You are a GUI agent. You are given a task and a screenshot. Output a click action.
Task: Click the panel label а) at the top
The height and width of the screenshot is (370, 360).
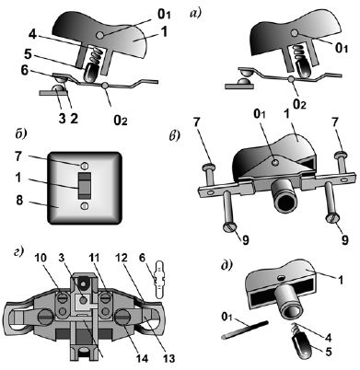195,14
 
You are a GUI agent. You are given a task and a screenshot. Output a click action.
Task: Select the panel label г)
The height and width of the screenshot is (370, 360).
19,252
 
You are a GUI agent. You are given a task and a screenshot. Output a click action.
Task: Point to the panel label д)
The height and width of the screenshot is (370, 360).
226,265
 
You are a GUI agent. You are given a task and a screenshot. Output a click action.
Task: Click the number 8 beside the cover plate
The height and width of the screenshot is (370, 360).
19,201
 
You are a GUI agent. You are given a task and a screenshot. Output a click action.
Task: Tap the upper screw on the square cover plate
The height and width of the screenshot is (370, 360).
85,166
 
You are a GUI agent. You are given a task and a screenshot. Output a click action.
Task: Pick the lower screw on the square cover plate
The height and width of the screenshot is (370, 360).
85,206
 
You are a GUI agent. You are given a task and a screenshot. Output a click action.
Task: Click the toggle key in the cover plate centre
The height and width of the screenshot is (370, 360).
85,186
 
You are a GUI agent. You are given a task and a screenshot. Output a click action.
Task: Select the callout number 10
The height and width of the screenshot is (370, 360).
41,258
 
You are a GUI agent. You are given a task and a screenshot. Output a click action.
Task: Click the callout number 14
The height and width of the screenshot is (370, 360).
142,358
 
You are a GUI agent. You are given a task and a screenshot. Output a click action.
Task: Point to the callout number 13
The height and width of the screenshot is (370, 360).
168,358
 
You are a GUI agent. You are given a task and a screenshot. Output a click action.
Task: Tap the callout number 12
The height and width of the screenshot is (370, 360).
121,258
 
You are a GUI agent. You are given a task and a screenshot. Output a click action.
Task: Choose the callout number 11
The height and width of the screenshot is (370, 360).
96,258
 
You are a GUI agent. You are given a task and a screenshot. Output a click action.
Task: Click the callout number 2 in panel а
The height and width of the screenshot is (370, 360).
74,118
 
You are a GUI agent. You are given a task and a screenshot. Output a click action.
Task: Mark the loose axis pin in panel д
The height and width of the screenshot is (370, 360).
245,330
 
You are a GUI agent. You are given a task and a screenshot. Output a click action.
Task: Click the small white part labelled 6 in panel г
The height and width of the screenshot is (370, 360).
160,279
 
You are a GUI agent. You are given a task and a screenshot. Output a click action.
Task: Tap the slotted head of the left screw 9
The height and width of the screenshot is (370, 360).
229,227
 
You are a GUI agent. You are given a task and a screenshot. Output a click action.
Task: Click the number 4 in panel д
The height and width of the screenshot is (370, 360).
329,338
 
